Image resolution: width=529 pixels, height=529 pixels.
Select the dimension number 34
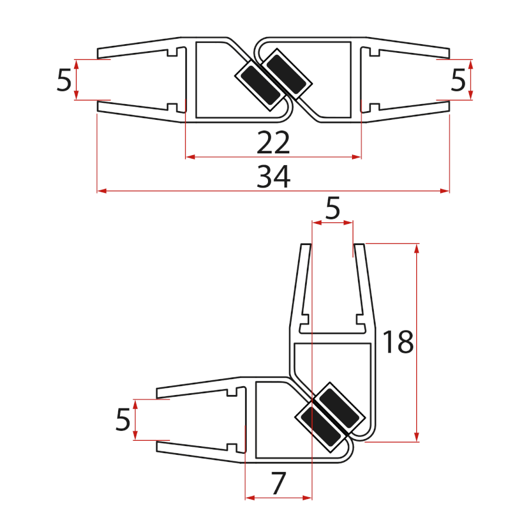tap(273, 176)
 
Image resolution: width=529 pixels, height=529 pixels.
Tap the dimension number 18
tap(398, 342)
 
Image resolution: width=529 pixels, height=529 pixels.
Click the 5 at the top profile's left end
tap(63, 80)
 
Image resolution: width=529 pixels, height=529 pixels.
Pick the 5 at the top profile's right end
tap(458, 80)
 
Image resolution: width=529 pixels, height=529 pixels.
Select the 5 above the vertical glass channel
tap(333, 209)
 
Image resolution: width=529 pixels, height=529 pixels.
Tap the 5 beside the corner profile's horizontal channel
tap(122, 420)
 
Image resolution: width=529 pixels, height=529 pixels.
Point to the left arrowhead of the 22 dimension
tap(190, 157)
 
